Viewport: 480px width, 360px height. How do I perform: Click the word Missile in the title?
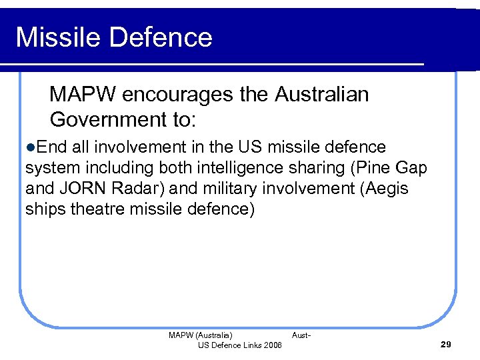coord(59,37)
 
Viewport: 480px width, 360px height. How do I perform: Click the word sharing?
coord(301,167)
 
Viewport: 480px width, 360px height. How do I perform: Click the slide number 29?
coord(446,344)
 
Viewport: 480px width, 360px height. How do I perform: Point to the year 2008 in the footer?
coord(272,345)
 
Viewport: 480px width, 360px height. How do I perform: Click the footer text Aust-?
coord(301,335)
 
